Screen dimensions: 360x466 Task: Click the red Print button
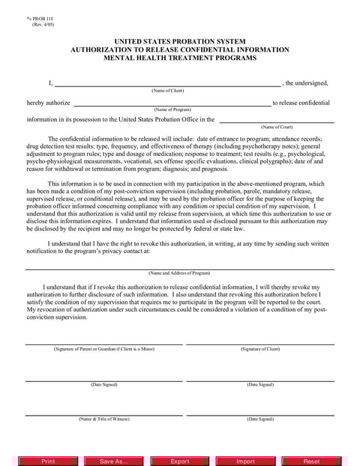tap(48, 461)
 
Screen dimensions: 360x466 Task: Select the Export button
tap(180, 461)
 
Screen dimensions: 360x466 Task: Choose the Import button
tap(245, 461)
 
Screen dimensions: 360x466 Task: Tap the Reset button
tap(311, 461)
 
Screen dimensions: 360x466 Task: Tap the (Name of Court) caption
tap(276, 127)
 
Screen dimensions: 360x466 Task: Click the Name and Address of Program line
tap(179, 266)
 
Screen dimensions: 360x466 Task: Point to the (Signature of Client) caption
tap(260, 349)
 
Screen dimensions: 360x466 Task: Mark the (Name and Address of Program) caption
tap(179, 272)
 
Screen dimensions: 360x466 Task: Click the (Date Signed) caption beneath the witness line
tap(260, 418)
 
